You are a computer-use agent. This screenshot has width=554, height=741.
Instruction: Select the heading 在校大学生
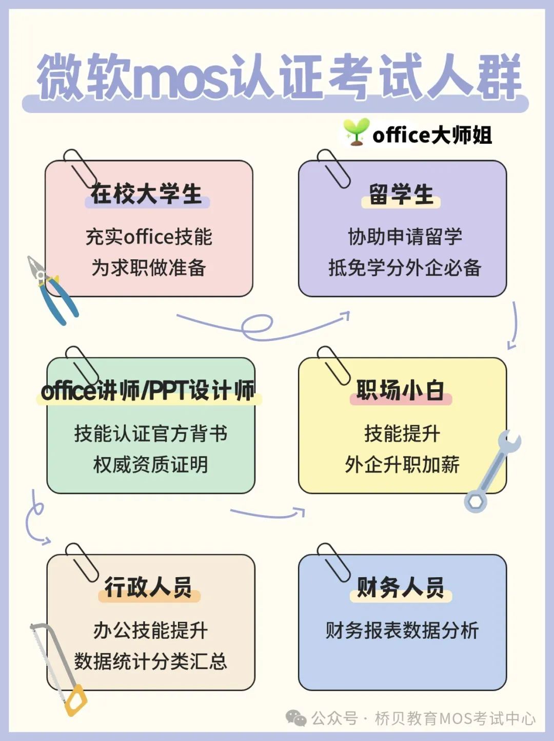pos(147,195)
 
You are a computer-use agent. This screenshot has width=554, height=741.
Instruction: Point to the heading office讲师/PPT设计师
pos(148,391)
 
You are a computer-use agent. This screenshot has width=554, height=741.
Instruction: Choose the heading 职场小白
pos(401,390)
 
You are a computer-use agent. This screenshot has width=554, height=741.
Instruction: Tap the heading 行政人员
pos(149,587)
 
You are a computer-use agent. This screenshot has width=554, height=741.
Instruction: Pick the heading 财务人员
pos(401,587)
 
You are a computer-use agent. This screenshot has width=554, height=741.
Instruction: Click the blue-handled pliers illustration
pos(52,290)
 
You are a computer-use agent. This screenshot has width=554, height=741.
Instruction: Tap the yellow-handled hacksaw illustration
pos(59,668)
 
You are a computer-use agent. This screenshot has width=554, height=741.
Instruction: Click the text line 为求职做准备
pos(149,268)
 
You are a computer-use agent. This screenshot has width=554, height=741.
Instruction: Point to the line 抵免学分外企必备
pos(405,268)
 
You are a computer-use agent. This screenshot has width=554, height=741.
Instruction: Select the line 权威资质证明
pos(150,464)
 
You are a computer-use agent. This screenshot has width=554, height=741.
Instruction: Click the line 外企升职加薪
pos(402,464)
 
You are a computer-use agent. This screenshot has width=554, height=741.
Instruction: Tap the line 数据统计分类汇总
pos(150,661)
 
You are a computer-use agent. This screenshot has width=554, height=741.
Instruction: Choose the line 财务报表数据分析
pos(402,630)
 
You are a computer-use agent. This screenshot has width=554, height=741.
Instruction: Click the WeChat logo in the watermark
pos(296,717)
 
